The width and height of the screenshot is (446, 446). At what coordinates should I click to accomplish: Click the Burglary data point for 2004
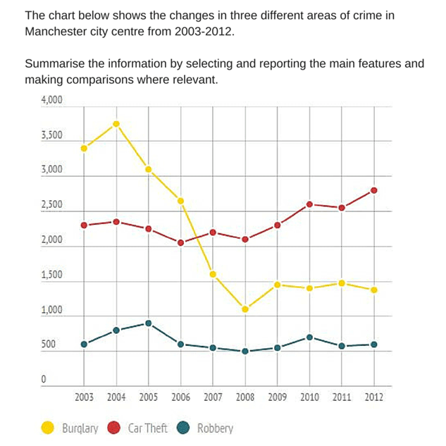tap(116, 124)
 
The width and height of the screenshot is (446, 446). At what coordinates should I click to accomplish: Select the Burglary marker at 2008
tap(245, 309)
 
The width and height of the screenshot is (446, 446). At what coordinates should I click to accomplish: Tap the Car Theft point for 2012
tap(373, 190)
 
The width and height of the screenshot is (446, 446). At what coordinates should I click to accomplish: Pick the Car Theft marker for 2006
tap(181, 243)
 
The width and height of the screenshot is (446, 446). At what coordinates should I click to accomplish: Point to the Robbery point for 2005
tap(149, 323)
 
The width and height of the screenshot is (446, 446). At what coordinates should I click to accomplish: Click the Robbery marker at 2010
tap(309, 337)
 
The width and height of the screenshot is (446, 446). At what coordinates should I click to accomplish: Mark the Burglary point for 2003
tap(84, 148)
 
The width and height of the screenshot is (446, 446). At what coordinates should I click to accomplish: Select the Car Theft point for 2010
tap(309, 204)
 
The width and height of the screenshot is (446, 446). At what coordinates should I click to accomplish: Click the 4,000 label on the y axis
tap(51, 101)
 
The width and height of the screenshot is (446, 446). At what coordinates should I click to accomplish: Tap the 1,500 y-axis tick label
tap(51, 276)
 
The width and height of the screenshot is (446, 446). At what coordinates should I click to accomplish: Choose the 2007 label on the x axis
tap(213, 397)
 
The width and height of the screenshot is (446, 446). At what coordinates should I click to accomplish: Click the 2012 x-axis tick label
tap(373, 397)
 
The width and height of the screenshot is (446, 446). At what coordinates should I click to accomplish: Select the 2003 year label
tap(84, 397)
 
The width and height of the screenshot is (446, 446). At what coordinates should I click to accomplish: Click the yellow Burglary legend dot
tap(49, 427)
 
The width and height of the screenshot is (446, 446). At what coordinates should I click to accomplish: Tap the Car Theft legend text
tap(147, 428)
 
